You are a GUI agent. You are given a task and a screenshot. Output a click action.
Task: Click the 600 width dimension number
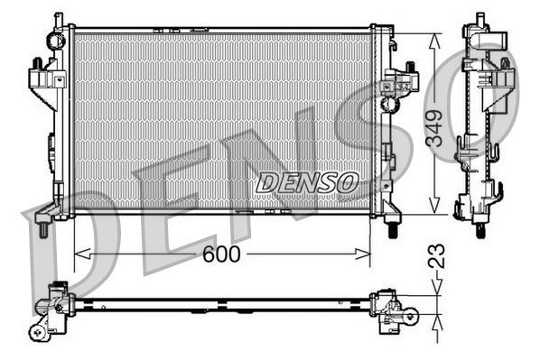click(221, 254)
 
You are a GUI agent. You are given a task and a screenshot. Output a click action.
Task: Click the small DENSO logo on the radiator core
click(307, 182)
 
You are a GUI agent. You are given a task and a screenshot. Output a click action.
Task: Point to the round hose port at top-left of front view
click(58, 41)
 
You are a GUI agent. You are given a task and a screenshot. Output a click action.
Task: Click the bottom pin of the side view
click(479, 229)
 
